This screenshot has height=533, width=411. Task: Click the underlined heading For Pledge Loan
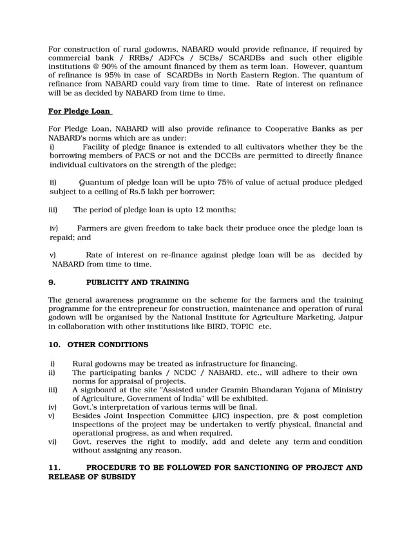click(x=79, y=111)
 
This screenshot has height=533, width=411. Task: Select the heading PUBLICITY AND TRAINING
click(x=137, y=282)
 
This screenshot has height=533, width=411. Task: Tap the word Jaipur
click(x=349, y=317)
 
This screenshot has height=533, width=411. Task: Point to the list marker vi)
click(x=53, y=442)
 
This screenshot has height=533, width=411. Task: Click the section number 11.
click(x=54, y=467)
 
